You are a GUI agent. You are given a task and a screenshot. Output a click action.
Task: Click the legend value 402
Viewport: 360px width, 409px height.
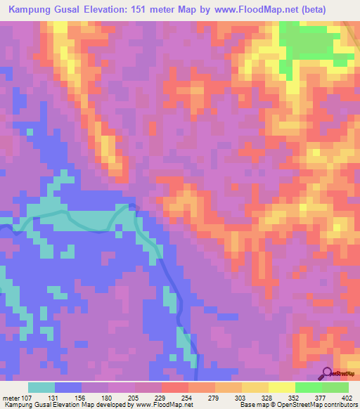point(345,398)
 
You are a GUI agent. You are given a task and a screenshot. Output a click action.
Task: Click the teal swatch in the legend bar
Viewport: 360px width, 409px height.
point(41,387)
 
